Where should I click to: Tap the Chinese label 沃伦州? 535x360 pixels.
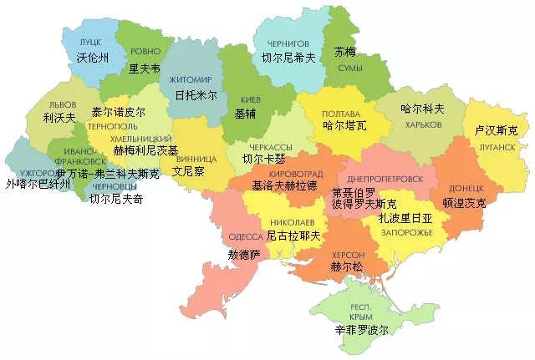[x=88, y=58]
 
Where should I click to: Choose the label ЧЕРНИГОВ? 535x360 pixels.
[x=288, y=43]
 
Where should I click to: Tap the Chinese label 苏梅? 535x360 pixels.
[x=344, y=51]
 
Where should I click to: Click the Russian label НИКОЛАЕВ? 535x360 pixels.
[x=293, y=222]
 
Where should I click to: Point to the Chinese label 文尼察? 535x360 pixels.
[x=188, y=170]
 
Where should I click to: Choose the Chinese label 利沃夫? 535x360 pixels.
[x=60, y=118]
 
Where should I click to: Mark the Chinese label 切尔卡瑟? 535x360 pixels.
[x=263, y=158]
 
